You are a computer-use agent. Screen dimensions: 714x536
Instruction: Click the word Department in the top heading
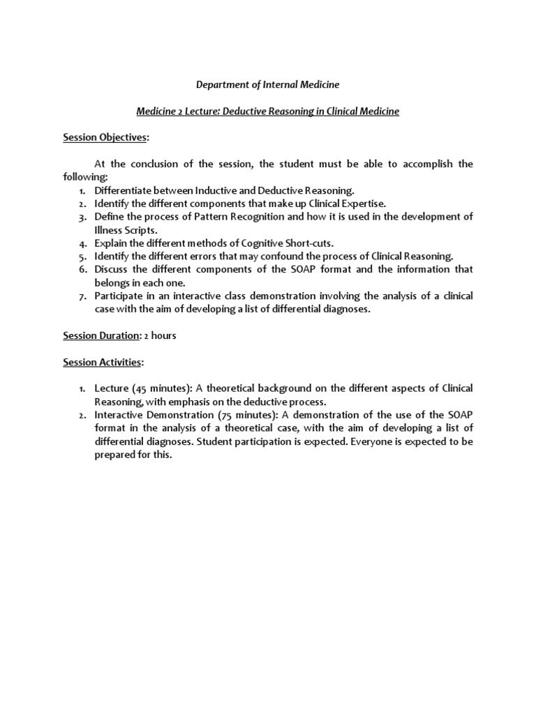(222, 84)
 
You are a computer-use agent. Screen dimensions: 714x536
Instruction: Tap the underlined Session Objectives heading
(105, 138)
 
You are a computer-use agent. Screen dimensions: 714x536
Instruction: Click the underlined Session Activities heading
(102, 362)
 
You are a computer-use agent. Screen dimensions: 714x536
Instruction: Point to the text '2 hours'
(161, 335)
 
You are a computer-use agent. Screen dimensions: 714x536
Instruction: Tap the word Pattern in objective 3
(198, 217)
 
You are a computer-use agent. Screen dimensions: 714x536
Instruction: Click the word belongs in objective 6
(112, 282)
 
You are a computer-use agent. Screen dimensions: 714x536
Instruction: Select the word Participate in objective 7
(119, 296)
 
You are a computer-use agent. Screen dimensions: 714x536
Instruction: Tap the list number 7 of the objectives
(82, 296)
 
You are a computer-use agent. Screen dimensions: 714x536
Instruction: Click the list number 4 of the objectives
(82, 243)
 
